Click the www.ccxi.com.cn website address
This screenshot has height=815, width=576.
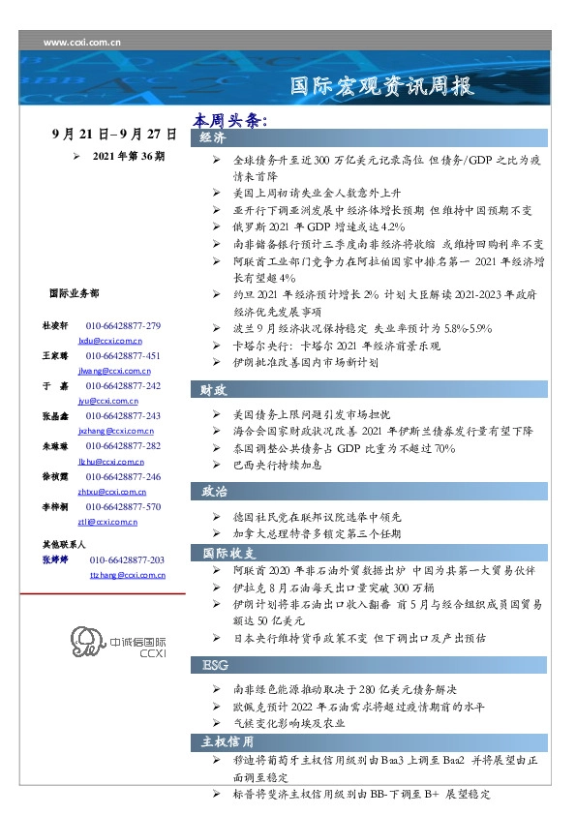83,42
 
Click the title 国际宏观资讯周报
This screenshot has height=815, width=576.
382,87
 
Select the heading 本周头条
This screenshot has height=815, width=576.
228,121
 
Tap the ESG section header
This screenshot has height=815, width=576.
215,666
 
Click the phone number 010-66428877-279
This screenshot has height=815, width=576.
123,326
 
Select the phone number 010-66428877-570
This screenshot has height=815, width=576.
123,507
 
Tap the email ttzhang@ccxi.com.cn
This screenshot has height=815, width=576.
127,574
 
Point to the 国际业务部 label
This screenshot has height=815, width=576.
73,292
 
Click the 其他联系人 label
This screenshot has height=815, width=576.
64,544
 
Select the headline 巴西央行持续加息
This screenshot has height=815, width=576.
274,466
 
